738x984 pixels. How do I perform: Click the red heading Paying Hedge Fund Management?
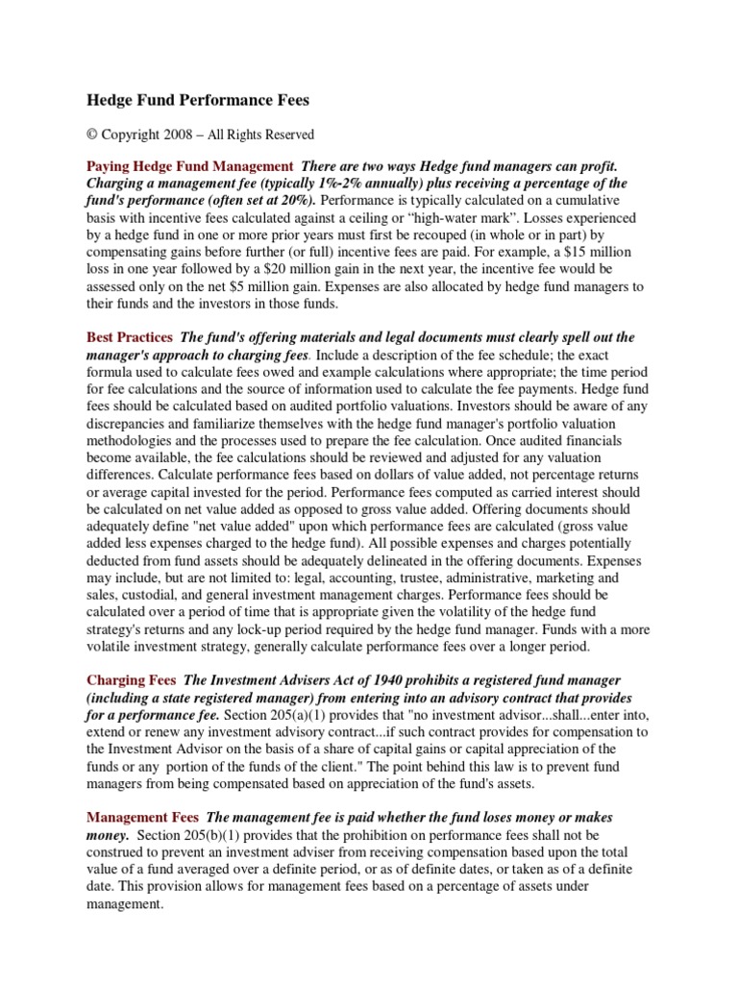tap(189, 166)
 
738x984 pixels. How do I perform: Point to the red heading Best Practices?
tap(130, 338)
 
